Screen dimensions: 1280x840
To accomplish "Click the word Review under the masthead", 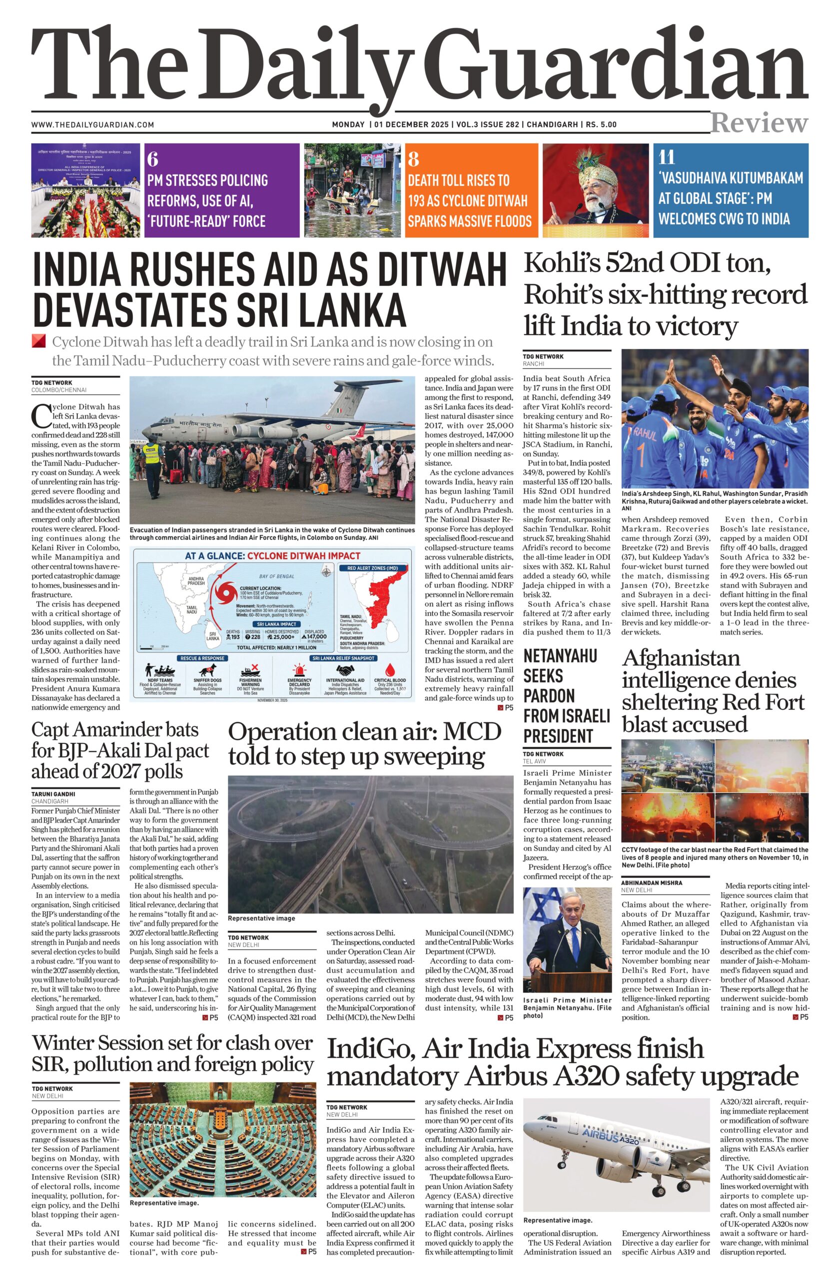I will pyautogui.click(x=759, y=123).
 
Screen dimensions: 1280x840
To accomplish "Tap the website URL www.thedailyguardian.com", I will pyautogui.click(x=92, y=125).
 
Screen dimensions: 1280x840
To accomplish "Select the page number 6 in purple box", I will pyautogui.click(x=152, y=159).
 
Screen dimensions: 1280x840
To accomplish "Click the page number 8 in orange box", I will pyautogui.click(x=413, y=159).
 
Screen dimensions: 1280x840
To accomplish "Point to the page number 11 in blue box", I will pyautogui.click(x=667, y=157).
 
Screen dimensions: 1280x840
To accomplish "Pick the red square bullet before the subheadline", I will pyautogui.click(x=38, y=341).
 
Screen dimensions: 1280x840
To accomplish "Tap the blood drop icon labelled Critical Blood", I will pyautogui.click(x=390, y=670).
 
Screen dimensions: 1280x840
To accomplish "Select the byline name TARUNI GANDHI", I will pyautogui.click(x=53, y=793).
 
